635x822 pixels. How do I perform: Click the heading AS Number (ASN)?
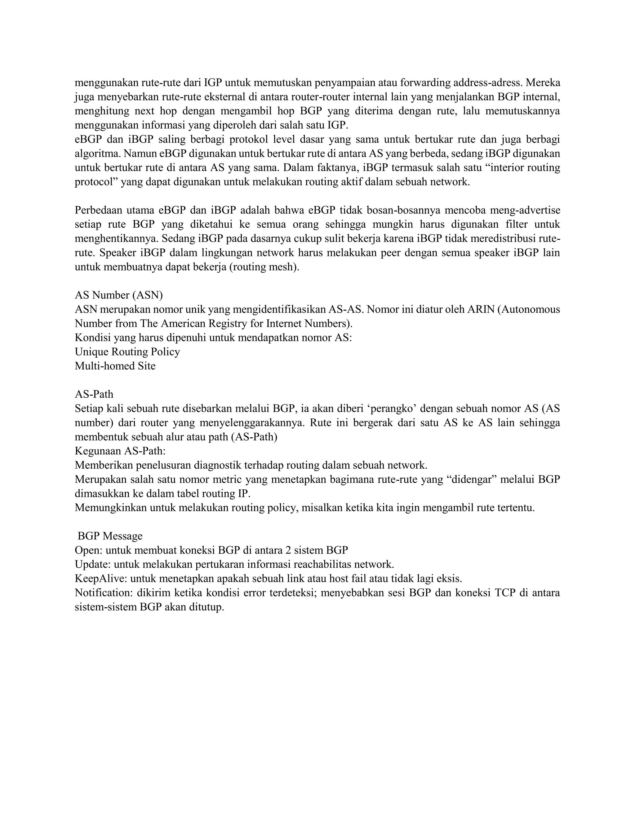click(x=118, y=295)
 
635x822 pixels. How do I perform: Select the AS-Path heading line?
click(x=94, y=394)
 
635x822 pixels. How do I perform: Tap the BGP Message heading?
click(x=110, y=536)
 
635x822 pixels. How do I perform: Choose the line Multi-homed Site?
click(x=115, y=366)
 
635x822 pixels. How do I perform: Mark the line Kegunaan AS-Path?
click(x=120, y=451)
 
